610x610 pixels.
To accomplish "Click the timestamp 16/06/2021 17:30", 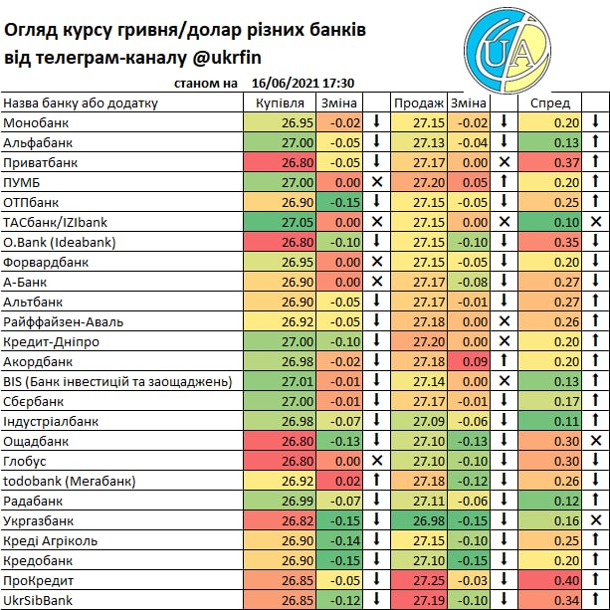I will (x=305, y=84).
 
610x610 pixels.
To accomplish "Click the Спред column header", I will (x=550, y=102).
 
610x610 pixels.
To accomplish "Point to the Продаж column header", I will (x=418, y=102).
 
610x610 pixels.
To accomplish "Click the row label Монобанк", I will (x=38, y=122).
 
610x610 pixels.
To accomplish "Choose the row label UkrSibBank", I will (x=40, y=600).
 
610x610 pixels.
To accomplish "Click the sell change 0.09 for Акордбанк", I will (x=475, y=361).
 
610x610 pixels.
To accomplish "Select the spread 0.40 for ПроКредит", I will (x=565, y=580).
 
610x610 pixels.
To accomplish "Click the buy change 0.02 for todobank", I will (x=346, y=481).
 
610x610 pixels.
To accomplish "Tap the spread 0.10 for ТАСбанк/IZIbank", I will (x=565, y=222).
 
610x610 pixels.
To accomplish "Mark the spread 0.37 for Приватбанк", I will (x=565, y=162).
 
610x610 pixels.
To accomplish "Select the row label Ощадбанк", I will (x=36, y=441).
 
